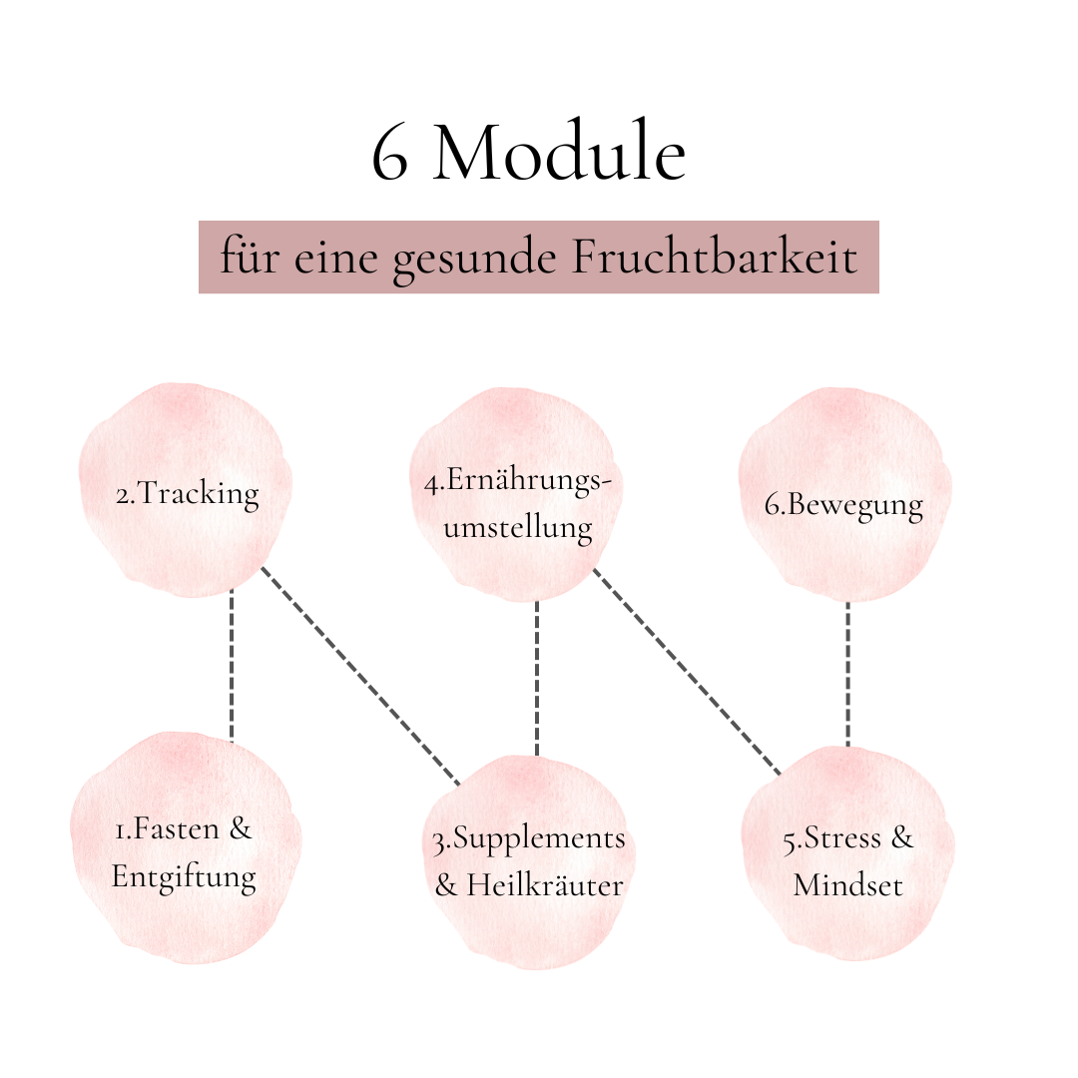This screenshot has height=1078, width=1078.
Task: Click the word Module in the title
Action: [x=560, y=151]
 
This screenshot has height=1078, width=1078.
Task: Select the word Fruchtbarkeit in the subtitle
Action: [x=715, y=258]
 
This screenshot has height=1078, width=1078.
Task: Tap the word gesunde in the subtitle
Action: [x=474, y=262]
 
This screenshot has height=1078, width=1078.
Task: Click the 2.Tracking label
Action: [x=188, y=494]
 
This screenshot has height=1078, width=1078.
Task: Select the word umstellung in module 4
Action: [x=518, y=528]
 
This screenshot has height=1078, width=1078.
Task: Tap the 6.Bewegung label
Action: [x=843, y=505]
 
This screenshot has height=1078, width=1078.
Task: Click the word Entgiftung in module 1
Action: [x=184, y=877]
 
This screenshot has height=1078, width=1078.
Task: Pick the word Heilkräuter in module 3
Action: [x=545, y=884]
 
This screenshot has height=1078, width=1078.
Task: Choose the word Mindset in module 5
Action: [x=847, y=884]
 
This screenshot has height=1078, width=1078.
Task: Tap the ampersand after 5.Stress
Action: [x=902, y=838]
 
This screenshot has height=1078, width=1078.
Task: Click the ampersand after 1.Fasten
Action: [x=241, y=828]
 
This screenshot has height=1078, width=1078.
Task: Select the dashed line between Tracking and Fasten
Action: [x=232, y=665]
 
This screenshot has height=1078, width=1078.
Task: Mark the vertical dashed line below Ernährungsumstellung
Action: [x=537, y=679]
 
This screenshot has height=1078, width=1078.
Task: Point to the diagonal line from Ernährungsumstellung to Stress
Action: [x=687, y=672]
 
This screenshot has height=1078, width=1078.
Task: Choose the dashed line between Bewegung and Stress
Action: [x=847, y=675]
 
